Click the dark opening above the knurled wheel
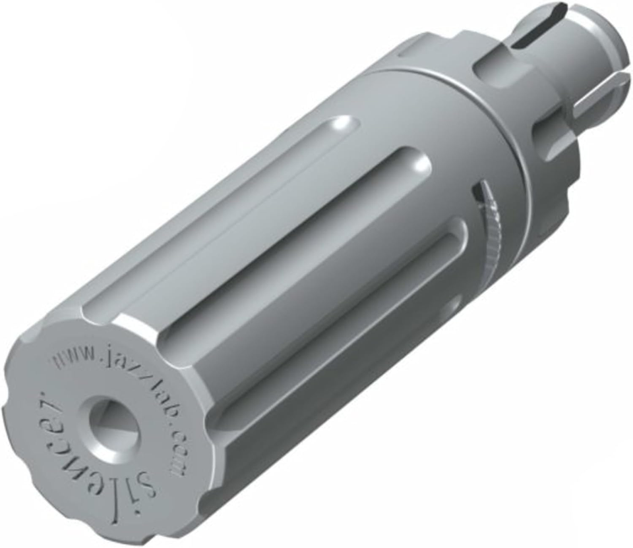point(479,194)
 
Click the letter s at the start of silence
point(148,484)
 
